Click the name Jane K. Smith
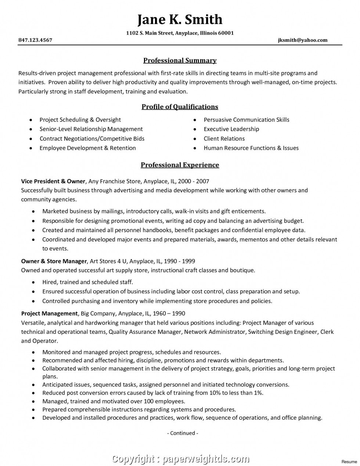click(180, 19)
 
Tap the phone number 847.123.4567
click(35, 40)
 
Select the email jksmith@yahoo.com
click(303, 40)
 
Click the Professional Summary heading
click(180, 60)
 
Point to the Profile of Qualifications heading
click(180, 107)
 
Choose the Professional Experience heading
click(180, 165)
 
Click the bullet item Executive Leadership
click(231, 129)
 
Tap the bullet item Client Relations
click(224, 138)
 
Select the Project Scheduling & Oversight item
click(80, 119)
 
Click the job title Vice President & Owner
click(53, 181)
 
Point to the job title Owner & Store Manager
click(54, 261)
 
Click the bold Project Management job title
click(49, 314)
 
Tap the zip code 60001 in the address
click(226, 33)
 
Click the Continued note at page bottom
click(183, 433)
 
